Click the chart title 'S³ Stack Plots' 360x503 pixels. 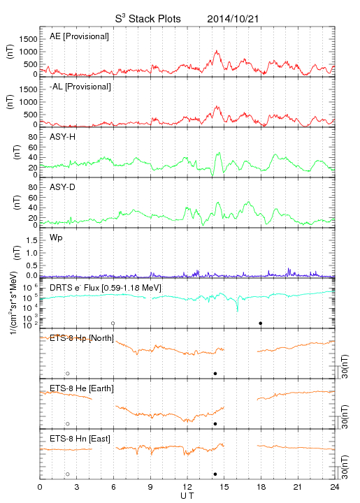point(148,19)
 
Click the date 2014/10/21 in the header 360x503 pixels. point(233,19)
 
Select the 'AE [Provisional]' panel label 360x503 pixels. point(79,36)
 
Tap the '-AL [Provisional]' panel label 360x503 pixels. point(80,87)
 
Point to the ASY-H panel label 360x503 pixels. point(63,137)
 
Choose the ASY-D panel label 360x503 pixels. point(63,187)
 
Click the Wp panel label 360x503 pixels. point(56,238)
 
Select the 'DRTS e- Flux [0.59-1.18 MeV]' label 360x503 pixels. point(106,288)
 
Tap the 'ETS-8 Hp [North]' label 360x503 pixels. point(82,338)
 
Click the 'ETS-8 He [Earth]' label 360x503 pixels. point(82,388)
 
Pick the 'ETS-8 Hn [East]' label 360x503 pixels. point(80,439)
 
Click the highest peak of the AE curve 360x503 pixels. point(217,51)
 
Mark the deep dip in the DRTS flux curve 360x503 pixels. point(238,309)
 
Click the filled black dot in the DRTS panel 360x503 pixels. point(261,323)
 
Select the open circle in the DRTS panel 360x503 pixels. point(113,323)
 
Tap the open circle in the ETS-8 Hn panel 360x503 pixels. point(68,474)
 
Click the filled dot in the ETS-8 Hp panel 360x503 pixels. point(215,374)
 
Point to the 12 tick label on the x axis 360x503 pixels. point(187,487)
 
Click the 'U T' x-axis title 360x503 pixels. point(187,496)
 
